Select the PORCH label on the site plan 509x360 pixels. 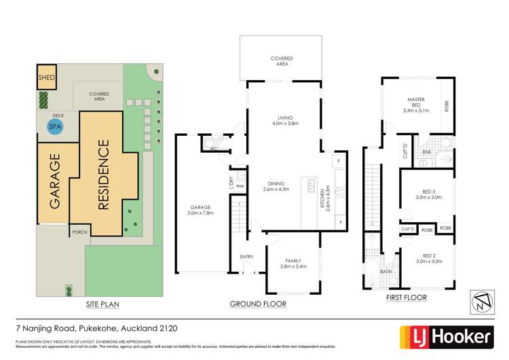tap(78, 232)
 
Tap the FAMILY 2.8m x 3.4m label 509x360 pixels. tap(293, 263)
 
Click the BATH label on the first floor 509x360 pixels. tap(385, 271)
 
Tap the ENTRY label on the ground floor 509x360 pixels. tap(246, 256)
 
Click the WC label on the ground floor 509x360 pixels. tap(213, 147)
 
